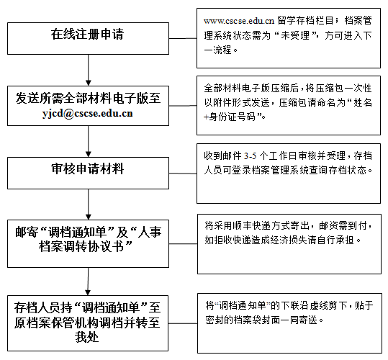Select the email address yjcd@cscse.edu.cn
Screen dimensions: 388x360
pyautogui.click(x=88, y=113)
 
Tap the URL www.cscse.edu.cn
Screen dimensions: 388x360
pyautogui.click(x=239, y=21)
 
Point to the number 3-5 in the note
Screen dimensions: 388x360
pyautogui.click(x=251, y=156)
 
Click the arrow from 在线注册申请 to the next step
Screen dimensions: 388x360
pyautogui.click(x=89, y=71)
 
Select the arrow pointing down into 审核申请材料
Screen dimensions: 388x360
pyautogui.click(x=89, y=142)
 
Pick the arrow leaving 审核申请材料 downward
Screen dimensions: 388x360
pyautogui.click(x=89, y=204)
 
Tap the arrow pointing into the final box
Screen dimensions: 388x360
pyautogui.click(x=88, y=282)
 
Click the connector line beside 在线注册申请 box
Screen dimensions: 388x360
pyautogui.click(x=183, y=38)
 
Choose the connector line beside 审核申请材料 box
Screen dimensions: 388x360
pyautogui.click(x=183, y=174)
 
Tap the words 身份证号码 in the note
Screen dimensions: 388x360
pyautogui.click(x=232, y=117)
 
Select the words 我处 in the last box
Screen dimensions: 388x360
pyautogui.click(x=87, y=338)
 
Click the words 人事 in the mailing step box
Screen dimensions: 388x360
pyautogui.click(x=150, y=232)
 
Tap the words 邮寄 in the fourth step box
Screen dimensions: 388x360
pyautogui.click(x=27, y=232)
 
